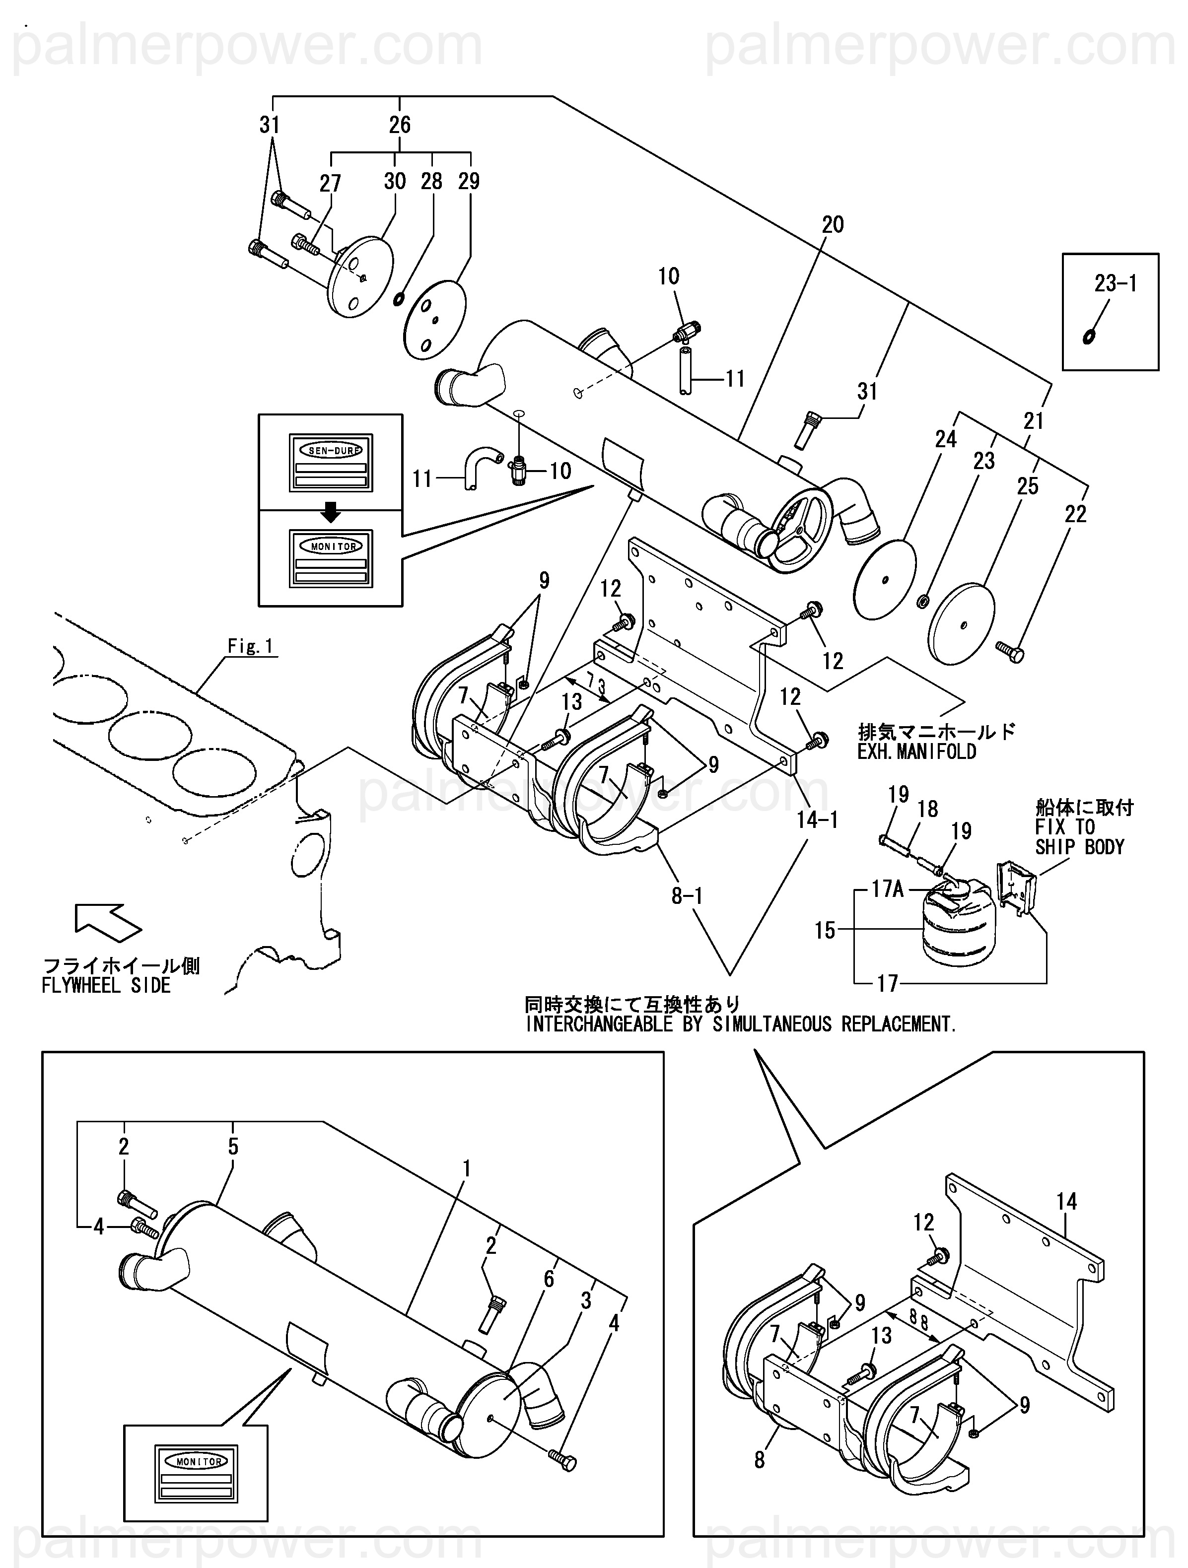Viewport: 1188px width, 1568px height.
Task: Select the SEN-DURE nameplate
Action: (x=331, y=462)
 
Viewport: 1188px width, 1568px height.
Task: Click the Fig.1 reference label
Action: (x=250, y=646)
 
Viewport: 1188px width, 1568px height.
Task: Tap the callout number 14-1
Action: (x=817, y=820)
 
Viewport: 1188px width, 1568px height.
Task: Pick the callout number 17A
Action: (x=888, y=889)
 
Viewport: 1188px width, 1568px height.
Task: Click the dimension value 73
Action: (x=596, y=686)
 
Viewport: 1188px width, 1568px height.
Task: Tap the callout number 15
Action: (x=825, y=930)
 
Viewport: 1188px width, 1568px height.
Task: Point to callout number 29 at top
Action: (x=469, y=182)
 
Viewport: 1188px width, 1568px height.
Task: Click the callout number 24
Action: (x=946, y=439)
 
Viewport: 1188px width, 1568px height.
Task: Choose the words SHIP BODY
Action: (x=1080, y=847)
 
